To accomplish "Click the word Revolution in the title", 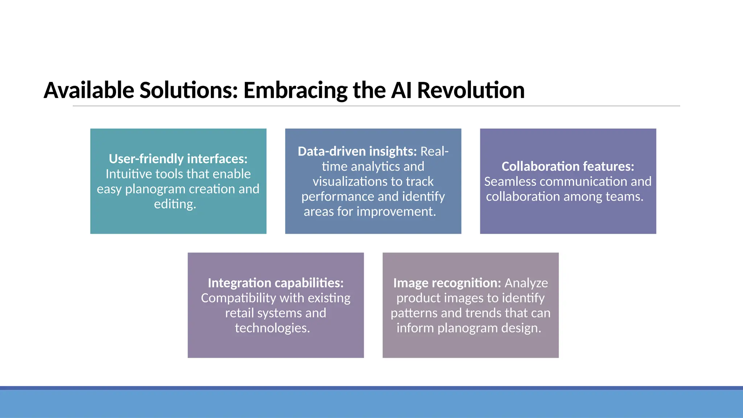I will pyautogui.click(x=471, y=90).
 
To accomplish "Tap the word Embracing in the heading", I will pyautogui.click(x=295, y=90).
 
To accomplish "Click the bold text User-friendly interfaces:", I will pyautogui.click(x=178, y=159).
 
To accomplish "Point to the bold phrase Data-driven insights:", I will pyautogui.click(x=357, y=151).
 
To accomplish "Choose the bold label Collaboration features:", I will pyautogui.click(x=568, y=167).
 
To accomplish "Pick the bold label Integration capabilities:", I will pyautogui.click(x=275, y=283).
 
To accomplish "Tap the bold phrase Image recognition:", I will pyautogui.click(x=447, y=283).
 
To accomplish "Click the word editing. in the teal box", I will pyautogui.click(x=175, y=204).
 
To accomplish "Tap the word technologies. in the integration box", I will pyautogui.click(x=272, y=328).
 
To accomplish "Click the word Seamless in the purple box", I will pyautogui.click(x=508, y=181).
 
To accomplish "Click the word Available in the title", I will pyautogui.click(x=89, y=90).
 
